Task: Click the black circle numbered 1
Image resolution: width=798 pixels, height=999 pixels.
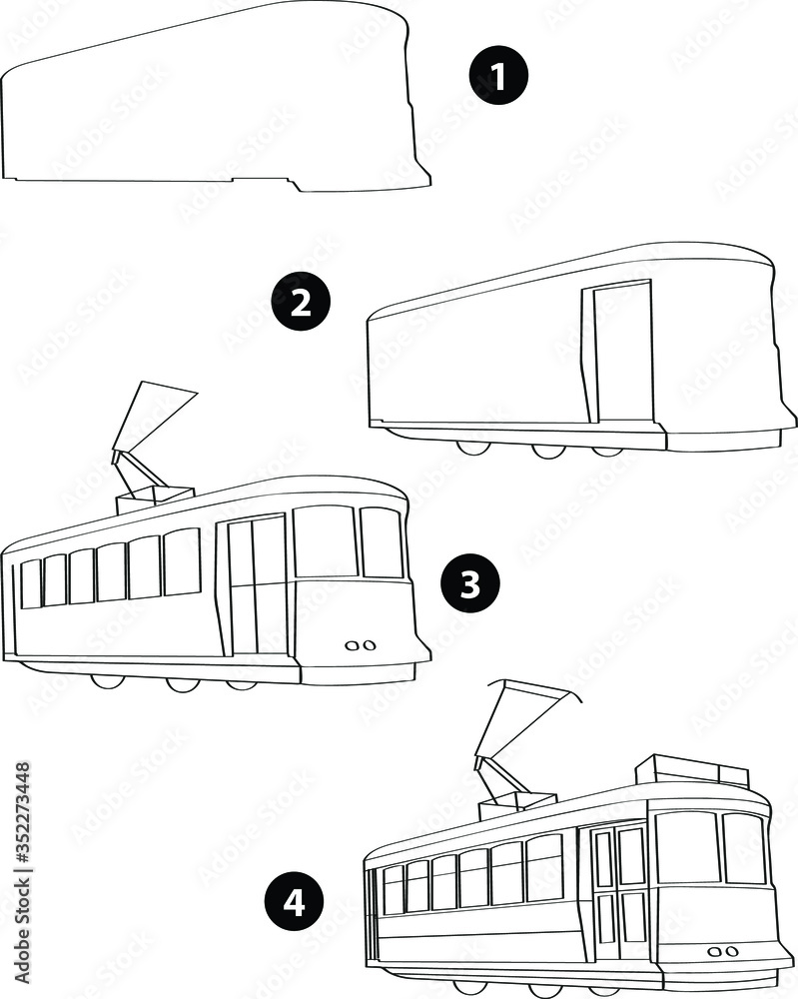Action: [x=497, y=77]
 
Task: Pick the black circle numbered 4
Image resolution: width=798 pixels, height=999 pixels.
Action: [x=293, y=902]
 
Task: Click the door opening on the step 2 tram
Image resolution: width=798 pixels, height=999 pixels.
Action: [x=623, y=352]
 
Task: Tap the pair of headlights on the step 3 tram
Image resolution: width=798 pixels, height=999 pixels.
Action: [x=359, y=645]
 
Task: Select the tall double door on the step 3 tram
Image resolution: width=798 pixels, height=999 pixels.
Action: [x=257, y=585]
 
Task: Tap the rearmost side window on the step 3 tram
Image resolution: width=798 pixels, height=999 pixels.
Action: [x=31, y=583]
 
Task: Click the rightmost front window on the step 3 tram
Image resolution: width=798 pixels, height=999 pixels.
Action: [x=382, y=542]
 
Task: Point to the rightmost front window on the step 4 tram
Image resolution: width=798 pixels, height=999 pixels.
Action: [x=744, y=848]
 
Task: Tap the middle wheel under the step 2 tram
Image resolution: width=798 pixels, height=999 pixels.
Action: [x=546, y=450]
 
